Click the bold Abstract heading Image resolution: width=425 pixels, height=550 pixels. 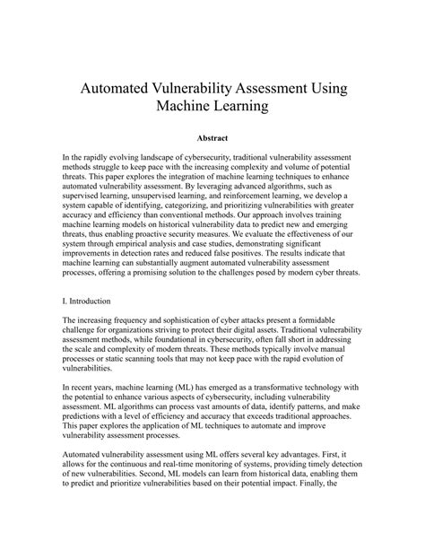coord(212,139)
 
